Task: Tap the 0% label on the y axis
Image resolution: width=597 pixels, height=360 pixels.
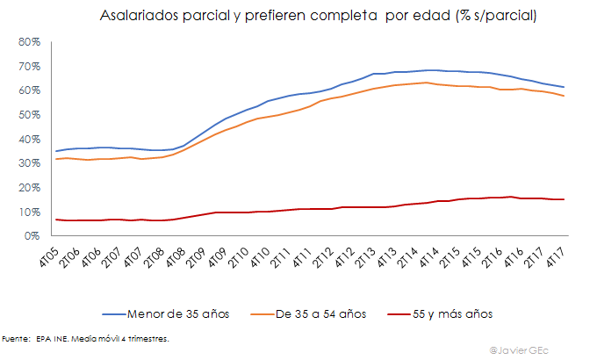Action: click(32, 236)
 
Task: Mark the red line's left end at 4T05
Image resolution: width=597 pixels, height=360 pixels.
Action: click(57, 220)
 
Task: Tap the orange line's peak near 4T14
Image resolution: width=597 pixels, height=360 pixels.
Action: click(426, 83)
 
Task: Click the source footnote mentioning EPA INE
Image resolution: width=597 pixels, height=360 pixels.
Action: click(85, 337)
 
